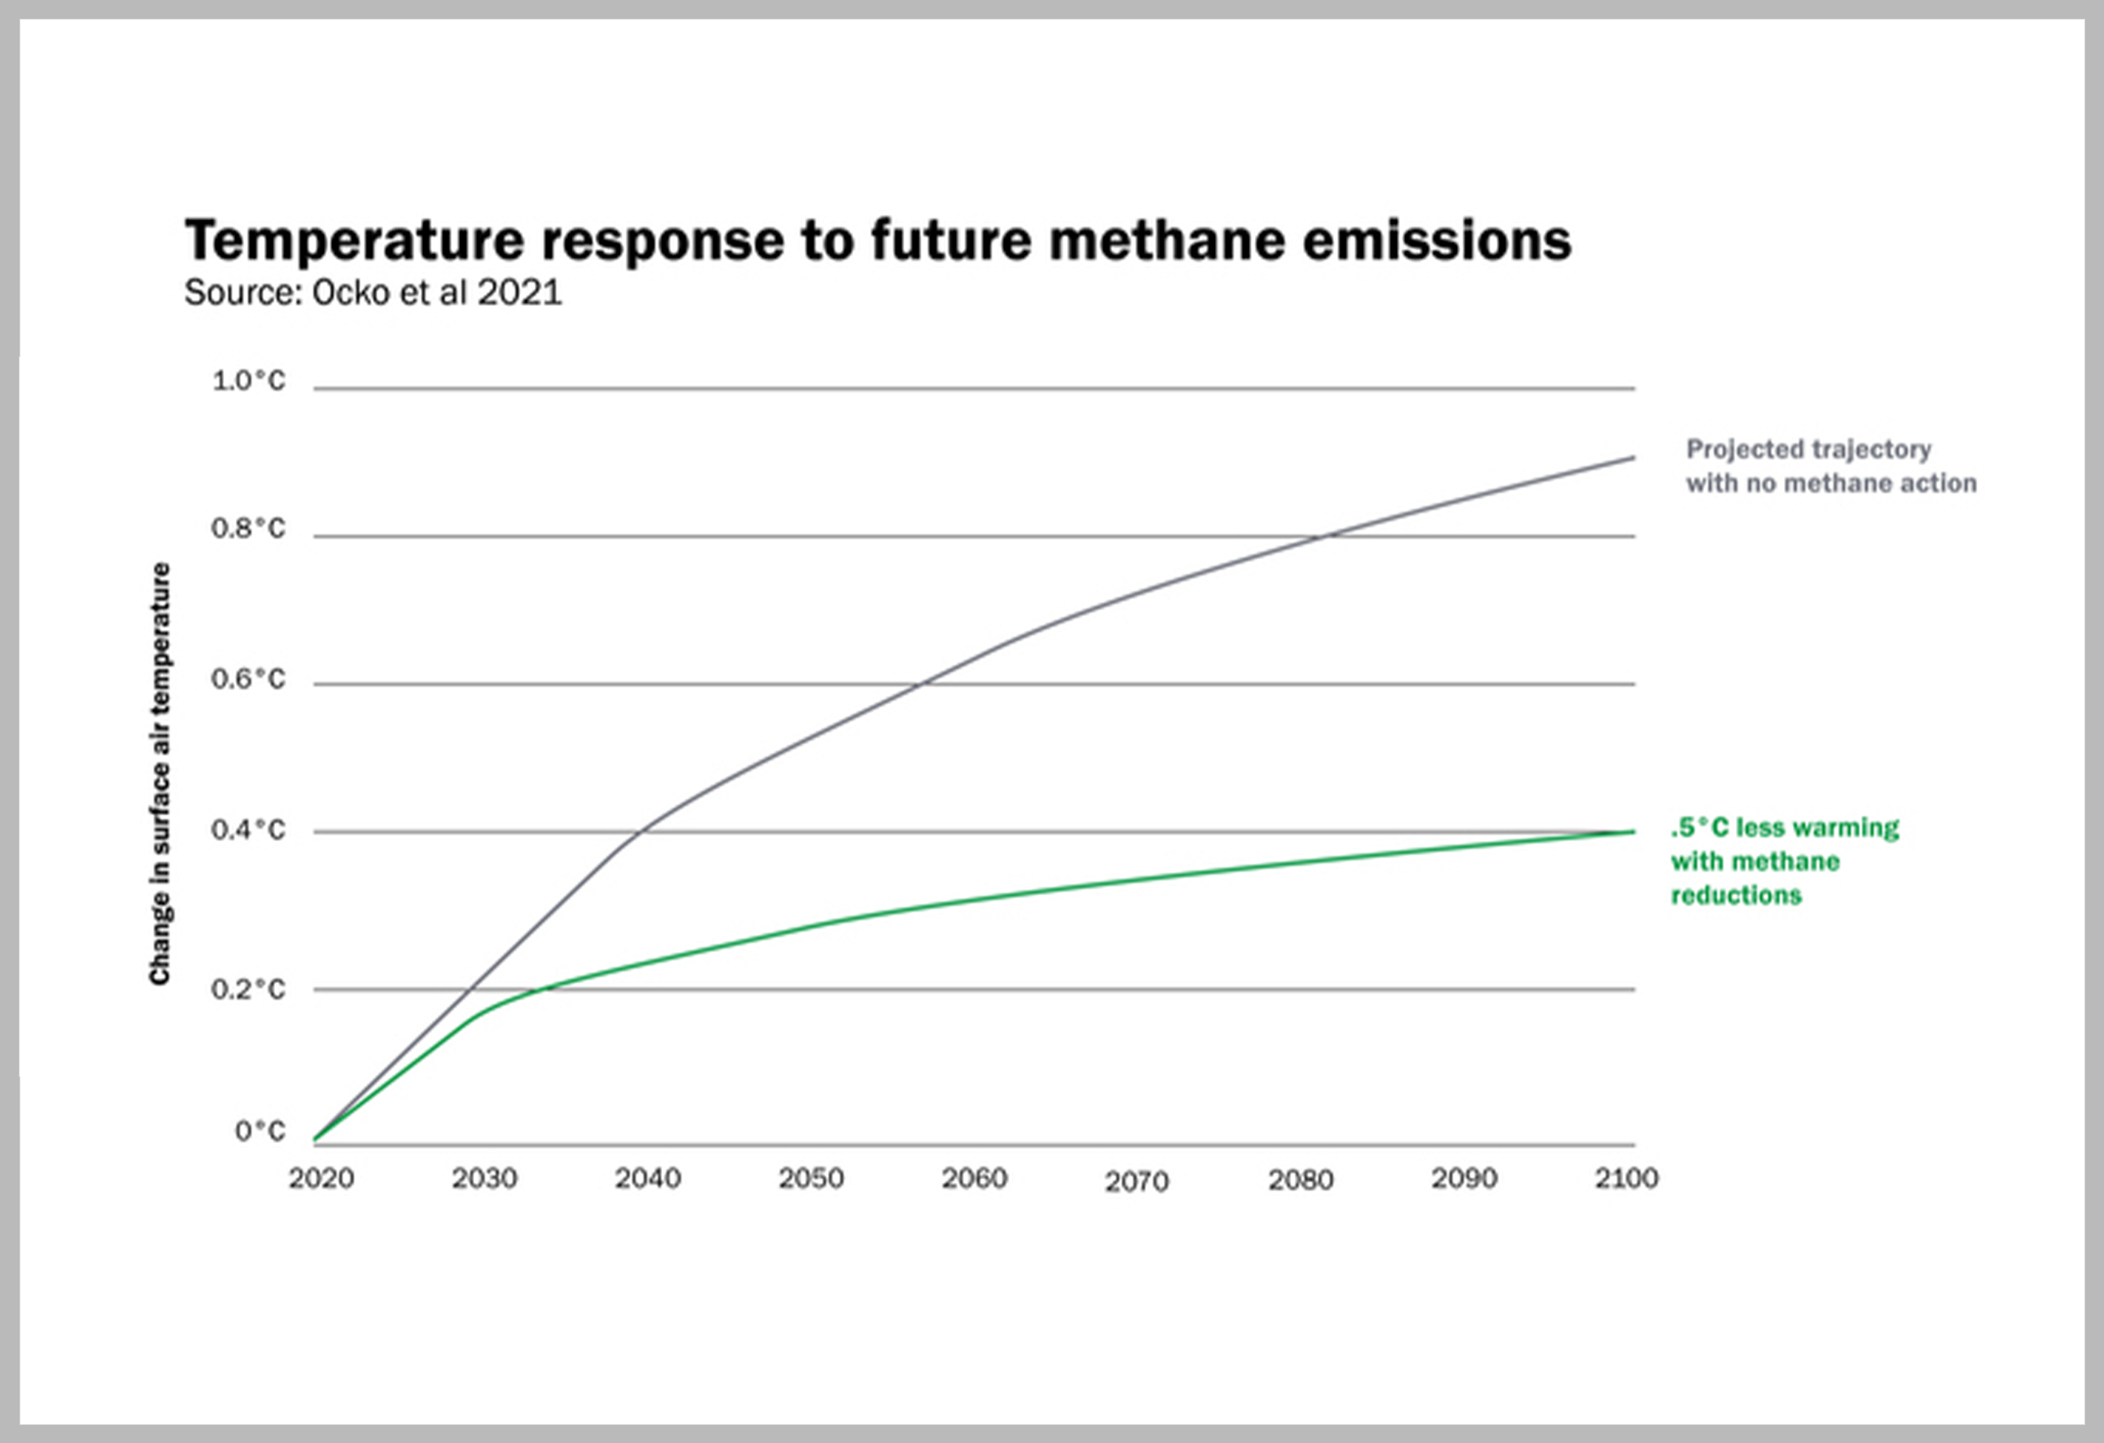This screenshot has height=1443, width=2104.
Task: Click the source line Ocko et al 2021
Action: click(x=373, y=292)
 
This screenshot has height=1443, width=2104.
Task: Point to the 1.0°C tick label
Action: click(x=249, y=381)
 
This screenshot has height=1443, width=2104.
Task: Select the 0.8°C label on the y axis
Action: click(x=248, y=528)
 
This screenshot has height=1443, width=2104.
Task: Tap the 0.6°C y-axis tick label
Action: click(x=248, y=679)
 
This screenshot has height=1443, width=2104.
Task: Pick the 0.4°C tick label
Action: click(x=248, y=830)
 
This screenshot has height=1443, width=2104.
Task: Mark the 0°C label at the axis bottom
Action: click(x=260, y=1130)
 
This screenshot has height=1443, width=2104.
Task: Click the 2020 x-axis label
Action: click(x=322, y=1178)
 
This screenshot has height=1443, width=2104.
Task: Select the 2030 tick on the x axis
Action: click(x=485, y=1178)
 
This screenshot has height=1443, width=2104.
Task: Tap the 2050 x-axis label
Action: click(x=812, y=1178)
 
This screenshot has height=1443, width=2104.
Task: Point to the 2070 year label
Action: click(x=1137, y=1181)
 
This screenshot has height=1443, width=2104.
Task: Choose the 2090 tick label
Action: click(x=1464, y=1178)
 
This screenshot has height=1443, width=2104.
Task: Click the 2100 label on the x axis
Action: click(x=1626, y=1178)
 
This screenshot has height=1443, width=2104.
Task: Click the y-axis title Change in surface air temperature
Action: click(x=160, y=774)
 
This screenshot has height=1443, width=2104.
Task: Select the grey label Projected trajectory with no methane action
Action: click(x=1830, y=466)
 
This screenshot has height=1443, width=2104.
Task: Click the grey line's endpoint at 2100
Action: click(x=1633, y=458)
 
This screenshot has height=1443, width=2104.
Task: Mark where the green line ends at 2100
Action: click(x=1633, y=831)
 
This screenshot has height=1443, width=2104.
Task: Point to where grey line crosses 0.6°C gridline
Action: click(x=919, y=685)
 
